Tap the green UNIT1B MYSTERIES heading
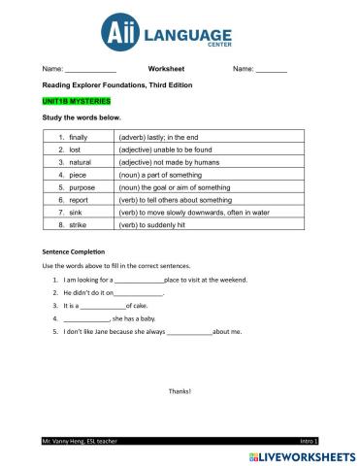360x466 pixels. point(77,101)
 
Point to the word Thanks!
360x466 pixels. point(180,391)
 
